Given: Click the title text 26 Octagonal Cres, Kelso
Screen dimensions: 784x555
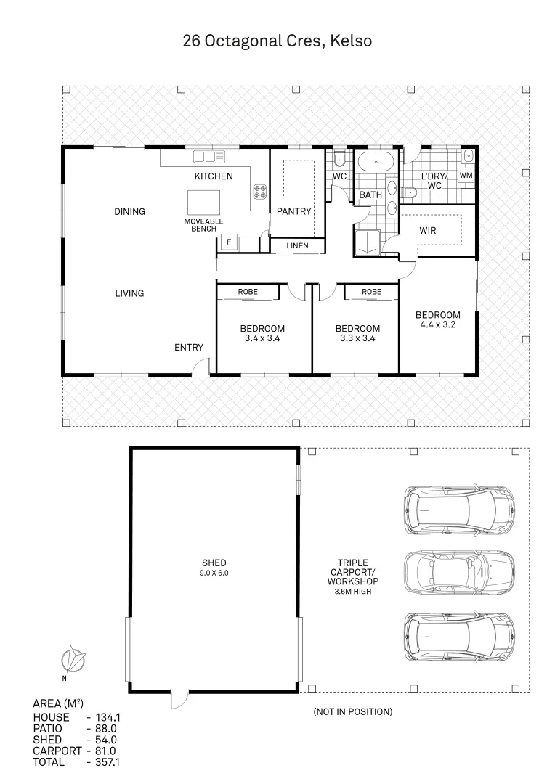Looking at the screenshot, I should (277, 41).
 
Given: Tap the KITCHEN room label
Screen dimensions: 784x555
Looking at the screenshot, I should (213, 176).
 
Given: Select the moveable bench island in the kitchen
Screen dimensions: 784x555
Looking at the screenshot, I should (203, 201).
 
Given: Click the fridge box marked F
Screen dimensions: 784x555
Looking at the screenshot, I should (229, 242).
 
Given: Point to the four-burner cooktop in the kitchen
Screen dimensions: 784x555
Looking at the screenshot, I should (259, 192).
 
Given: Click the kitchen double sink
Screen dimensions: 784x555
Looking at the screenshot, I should (208, 156).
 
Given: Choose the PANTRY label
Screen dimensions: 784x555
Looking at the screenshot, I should (294, 211).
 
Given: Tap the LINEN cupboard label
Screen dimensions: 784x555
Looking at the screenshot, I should (296, 246).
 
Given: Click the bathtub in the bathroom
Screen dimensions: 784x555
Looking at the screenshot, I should (376, 162).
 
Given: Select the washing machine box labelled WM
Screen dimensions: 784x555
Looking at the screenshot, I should (466, 176).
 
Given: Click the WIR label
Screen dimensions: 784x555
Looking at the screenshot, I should (428, 230).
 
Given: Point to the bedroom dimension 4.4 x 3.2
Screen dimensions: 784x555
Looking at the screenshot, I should (437, 325).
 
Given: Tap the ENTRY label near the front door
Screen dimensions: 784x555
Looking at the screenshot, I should (189, 348).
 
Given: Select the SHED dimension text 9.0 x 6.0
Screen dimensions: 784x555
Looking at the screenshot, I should (214, 573).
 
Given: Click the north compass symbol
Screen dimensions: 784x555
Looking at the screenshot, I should (73, 660).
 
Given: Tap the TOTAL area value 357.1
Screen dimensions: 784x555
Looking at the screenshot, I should (102, 762).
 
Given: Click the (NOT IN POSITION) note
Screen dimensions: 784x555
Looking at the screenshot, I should (352, 711).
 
